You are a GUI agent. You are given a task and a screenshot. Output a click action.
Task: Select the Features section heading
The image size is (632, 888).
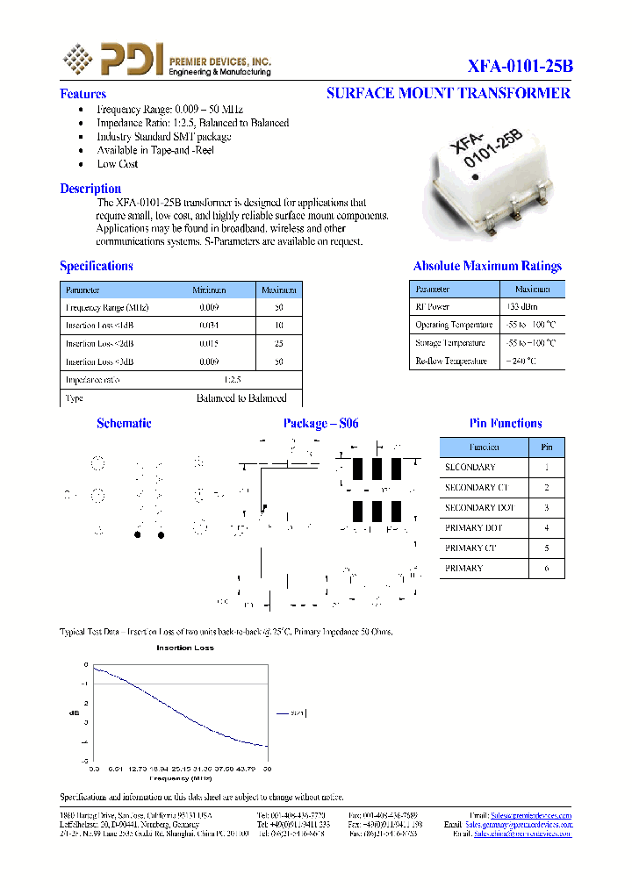point(83,94)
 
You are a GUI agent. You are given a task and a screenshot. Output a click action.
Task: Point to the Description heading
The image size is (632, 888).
point(90,189)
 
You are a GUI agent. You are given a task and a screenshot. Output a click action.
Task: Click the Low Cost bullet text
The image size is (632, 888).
point(118,164)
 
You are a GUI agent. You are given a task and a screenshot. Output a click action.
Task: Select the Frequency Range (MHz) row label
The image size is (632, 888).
point(107,308)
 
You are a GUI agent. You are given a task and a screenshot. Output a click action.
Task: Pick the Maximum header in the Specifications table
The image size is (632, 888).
point(279,290)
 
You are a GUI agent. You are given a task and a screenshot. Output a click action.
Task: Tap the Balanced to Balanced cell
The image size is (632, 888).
point(241,398)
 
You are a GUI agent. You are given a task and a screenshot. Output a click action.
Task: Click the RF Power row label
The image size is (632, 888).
point(432,307)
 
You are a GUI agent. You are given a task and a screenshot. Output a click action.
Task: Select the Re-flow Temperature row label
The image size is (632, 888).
point(450,361)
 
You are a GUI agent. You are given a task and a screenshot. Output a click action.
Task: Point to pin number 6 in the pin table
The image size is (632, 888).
point(547,569)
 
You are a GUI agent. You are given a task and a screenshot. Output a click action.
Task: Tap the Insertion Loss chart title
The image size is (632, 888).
point(184,648)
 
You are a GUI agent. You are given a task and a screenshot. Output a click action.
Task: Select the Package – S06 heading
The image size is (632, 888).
point(320,424)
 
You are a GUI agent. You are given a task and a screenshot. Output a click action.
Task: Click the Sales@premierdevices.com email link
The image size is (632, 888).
point(530,815)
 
